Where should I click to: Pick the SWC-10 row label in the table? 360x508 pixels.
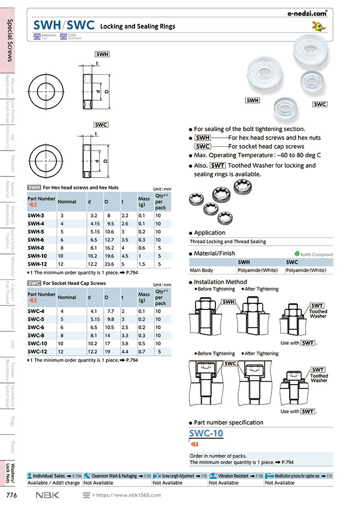click(x=38, y=343)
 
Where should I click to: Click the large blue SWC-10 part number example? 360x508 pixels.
click(x=207, y=433)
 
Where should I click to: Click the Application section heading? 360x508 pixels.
click(x=209, y=233)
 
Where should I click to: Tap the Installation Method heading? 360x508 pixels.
click(x=220, y=282)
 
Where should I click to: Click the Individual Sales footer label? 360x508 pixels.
click(x=50, y=475)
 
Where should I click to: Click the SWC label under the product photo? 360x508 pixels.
click(x=320, y=104)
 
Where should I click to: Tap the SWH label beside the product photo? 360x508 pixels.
click(x=253, y=100)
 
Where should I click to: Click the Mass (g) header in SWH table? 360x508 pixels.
click(x=144, y=201)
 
